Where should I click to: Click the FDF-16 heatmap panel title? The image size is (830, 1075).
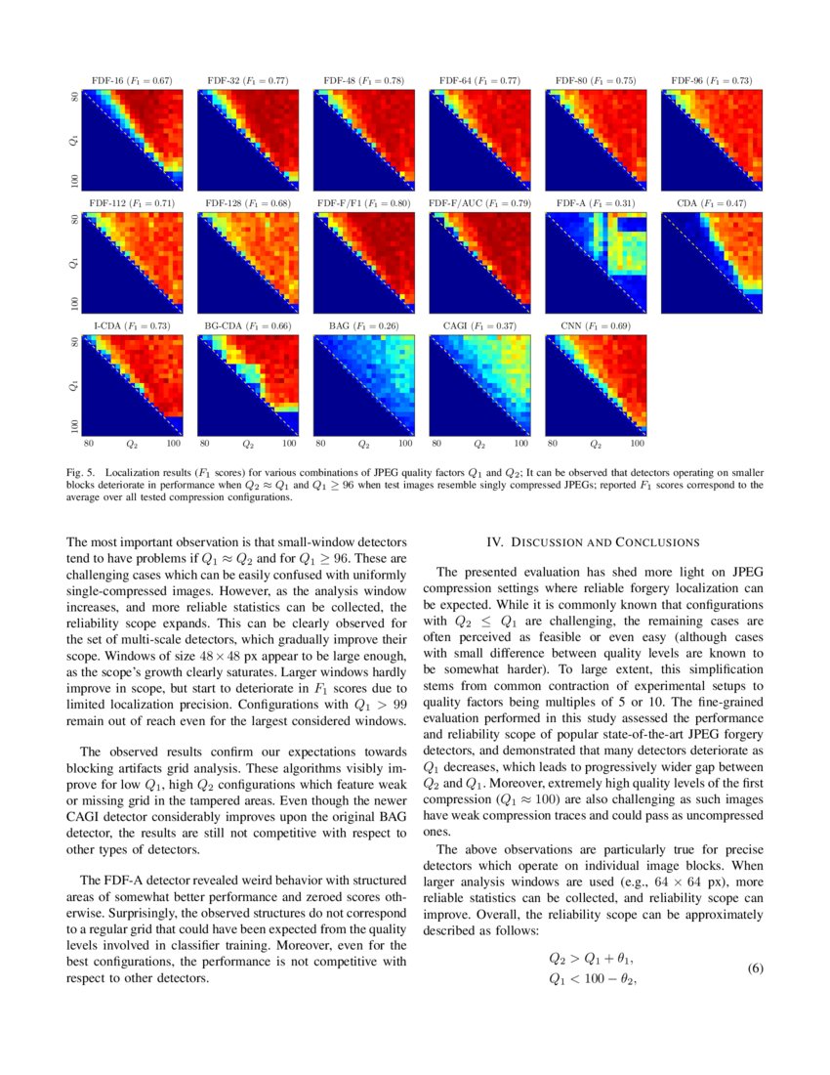[131, 81]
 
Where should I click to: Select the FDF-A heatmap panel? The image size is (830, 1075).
[596, 262]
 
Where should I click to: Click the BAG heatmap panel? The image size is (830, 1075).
[363, 384]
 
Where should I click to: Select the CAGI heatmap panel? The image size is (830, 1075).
[479, 384]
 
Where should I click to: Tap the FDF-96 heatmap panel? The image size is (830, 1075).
[711, 140]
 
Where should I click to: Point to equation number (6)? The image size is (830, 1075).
[755, 967]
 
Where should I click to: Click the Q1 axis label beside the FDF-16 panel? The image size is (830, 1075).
[73, 141]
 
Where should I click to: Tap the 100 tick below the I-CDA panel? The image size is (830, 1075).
[174, 444]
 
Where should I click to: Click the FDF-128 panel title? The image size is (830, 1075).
[247, 203]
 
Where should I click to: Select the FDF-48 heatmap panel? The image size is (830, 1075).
[363, 140]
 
